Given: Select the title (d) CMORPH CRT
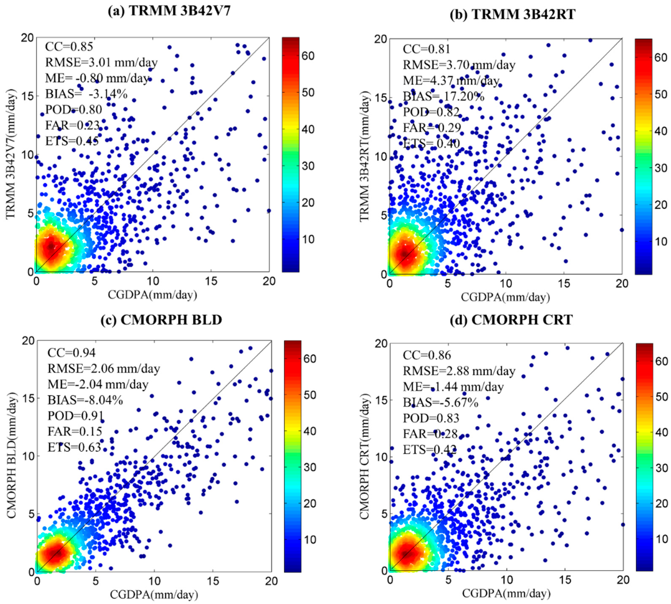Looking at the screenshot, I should (x=511, y=320).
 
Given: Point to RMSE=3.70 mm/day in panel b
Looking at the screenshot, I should (x=459, y=65).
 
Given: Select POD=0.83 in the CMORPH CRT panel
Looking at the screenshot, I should (x=431, y=418).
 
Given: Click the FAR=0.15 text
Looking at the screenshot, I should (x=75, y=431).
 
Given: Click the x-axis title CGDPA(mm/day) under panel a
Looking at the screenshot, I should (x=152, y=294).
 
